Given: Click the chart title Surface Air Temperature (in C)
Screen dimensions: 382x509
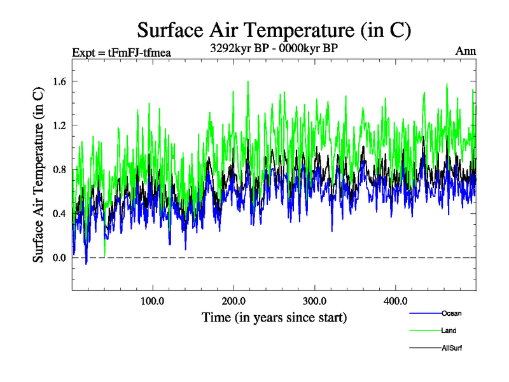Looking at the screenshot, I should click(x=274, y=29).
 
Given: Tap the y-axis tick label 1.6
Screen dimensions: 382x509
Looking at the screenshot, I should click(x=60, y=81).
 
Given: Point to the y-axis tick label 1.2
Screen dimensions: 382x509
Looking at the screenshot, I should click(x=60, y=125).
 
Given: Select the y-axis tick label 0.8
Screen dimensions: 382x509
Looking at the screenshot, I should click(x=60, y=169).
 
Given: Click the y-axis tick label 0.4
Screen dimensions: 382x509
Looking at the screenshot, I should click(x=60, y=213).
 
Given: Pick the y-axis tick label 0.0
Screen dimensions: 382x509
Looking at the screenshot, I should click(x=60, y=257).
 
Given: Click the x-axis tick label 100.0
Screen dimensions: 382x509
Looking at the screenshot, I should click(x=153, y=301).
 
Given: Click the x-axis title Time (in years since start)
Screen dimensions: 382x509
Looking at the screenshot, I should click(x=274, y=316).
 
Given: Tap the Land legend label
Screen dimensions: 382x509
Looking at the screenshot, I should click(x=449, y=330).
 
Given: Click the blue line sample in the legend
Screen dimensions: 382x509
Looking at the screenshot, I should click(x=425, y=313).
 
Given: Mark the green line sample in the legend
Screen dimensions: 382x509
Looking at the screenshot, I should click(x=425, y=330).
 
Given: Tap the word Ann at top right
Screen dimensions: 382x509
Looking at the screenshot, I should click(x=466, y=51).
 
